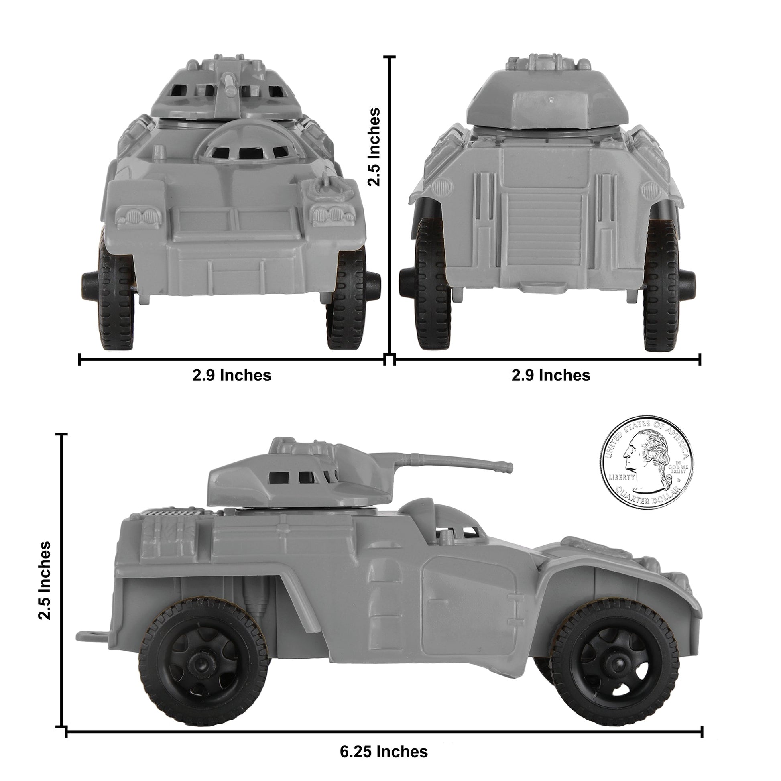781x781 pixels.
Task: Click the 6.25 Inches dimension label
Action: coord(384,740)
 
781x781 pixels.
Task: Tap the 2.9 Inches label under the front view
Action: coord(232,375)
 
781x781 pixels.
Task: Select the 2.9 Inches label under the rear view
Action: coord(551,375)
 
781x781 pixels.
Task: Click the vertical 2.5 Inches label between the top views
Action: coord(374,146)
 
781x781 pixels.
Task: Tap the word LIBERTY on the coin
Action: coord(622,477)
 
